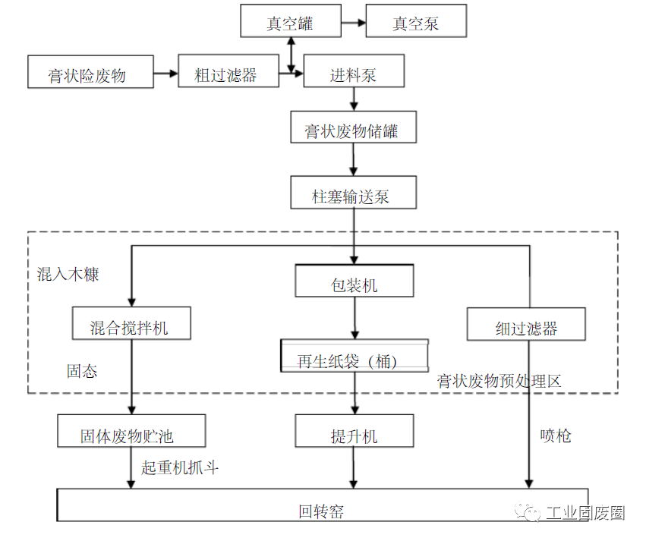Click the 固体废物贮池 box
point(131,432)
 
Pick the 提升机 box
point(354,432)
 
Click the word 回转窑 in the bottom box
point(321,511)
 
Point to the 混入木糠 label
point(68,274)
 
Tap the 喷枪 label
point(556,436)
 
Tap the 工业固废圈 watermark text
point(584,514)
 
